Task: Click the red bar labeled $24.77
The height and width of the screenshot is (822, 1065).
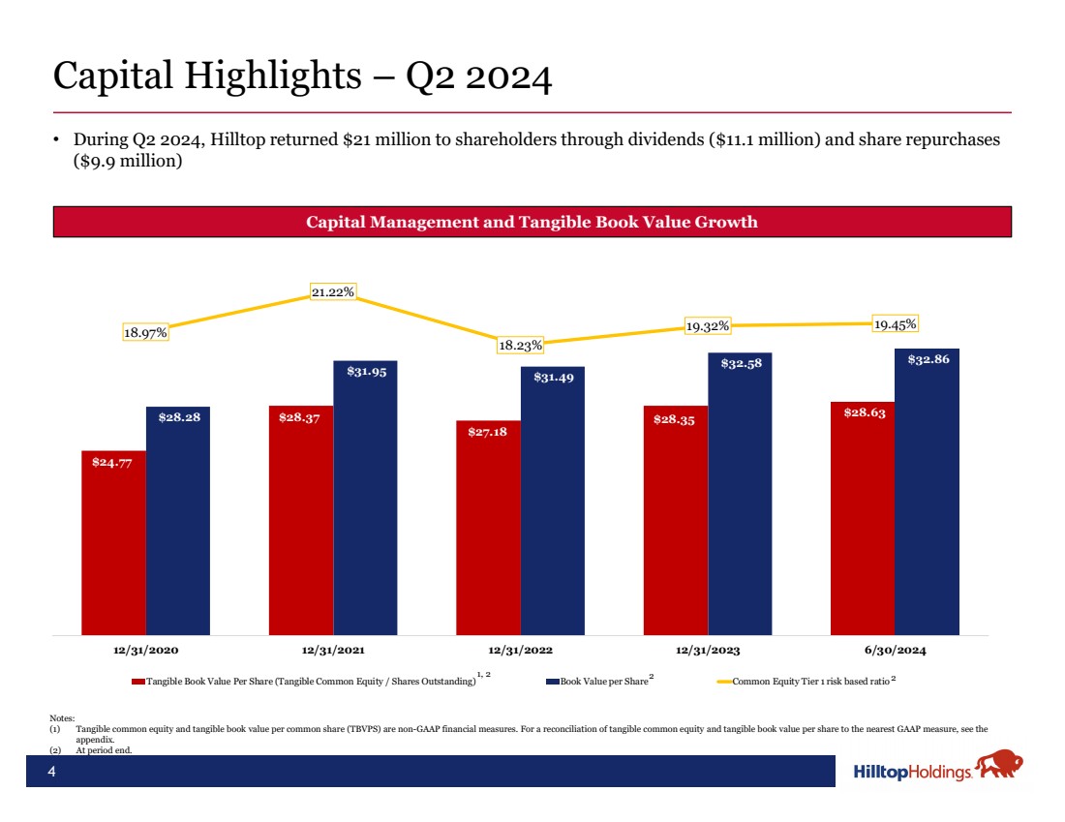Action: [x=113, y=542]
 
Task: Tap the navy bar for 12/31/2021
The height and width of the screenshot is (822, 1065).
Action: [x=365, y=498]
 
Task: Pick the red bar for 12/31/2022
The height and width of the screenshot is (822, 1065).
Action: [x=488, y=528]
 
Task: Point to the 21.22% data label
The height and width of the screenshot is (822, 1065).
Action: [x=332, y=291]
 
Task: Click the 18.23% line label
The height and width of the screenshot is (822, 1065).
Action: [x=520, y=345]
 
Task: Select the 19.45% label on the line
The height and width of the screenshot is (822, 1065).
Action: [x=895, y=324]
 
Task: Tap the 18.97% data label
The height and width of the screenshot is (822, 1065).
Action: [x=145, y=332]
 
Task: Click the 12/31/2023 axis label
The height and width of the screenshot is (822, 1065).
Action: [x=707, y=651]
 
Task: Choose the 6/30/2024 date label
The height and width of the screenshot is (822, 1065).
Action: [x=894, y=651]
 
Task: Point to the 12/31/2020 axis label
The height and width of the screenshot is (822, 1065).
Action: [x=145, y=651]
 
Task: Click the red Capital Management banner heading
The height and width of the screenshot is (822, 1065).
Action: [x=532, y=222]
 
